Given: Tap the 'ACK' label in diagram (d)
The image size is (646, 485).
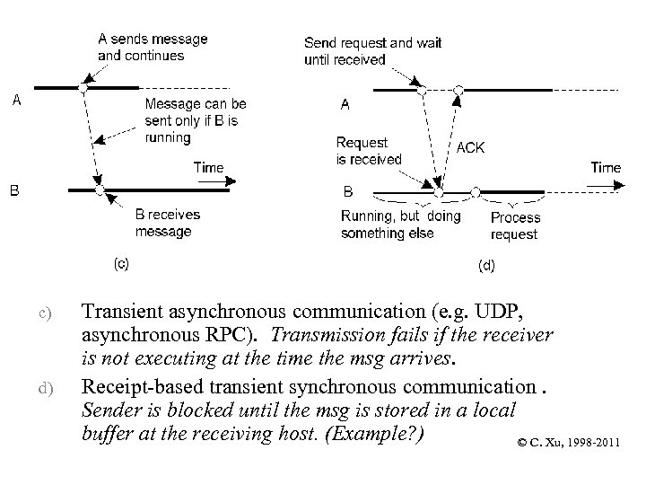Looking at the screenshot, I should (x=470, y=147).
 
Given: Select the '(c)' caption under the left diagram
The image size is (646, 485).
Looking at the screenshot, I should (x=120, y=262).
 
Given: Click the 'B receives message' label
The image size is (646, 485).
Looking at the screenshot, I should (x=167, y=223).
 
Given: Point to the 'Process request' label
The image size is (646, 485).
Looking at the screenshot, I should (x=515, y=225).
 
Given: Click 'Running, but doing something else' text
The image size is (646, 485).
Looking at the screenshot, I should (x=400, y=225).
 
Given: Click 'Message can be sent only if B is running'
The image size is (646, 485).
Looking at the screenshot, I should (x=196, y=121).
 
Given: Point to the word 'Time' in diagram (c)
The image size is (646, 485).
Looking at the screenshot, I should (x=208, y=167).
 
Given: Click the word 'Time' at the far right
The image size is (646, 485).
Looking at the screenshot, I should (x=606, y=167).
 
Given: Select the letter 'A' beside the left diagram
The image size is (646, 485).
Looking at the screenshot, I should (x=16, y=101).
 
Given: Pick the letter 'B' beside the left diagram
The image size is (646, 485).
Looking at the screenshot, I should (x=15, y=190).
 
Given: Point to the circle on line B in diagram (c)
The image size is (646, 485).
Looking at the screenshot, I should (x=100, y=190).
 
